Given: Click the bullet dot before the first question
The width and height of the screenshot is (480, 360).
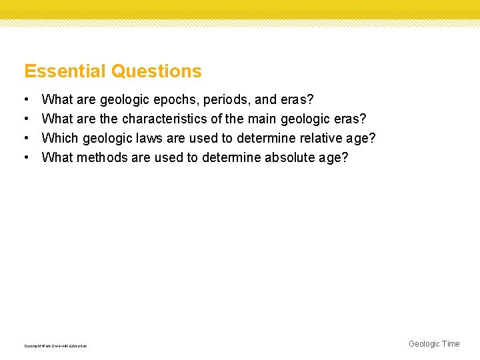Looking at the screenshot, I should point(25,100).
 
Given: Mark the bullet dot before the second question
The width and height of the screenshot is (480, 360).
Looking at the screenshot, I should point(25,119).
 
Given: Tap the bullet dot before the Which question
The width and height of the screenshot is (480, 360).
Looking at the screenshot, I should point(25,139).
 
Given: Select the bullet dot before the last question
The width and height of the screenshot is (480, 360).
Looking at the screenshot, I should point(25,158).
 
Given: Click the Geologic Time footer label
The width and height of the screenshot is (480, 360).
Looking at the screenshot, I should point(434,344).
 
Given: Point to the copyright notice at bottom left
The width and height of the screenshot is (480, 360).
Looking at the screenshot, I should point(55,346).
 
